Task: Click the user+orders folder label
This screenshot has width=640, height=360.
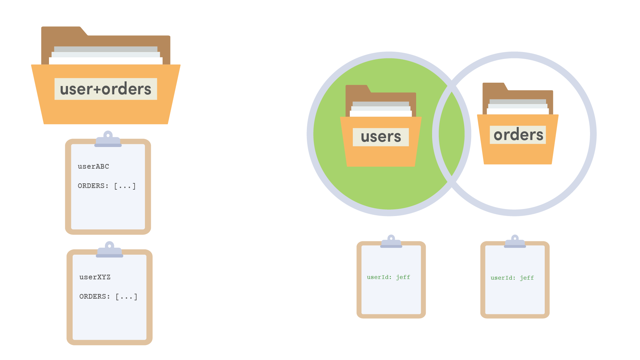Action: click(106, 89)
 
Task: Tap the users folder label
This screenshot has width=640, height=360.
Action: click(381, 137)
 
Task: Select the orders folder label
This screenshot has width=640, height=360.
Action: click(518, 135)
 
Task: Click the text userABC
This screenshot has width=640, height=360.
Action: click(93, 166)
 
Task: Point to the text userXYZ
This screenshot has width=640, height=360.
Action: click(95, 277)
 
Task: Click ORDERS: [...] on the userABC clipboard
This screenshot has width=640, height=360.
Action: click(107, 186)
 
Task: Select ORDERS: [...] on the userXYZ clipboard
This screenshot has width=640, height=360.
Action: click(108, 297)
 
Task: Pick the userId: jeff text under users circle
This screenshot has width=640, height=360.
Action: click(388, 277)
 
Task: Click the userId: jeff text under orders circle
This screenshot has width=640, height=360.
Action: click(512, 278)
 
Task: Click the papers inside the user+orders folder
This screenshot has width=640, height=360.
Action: click(106, 55)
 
